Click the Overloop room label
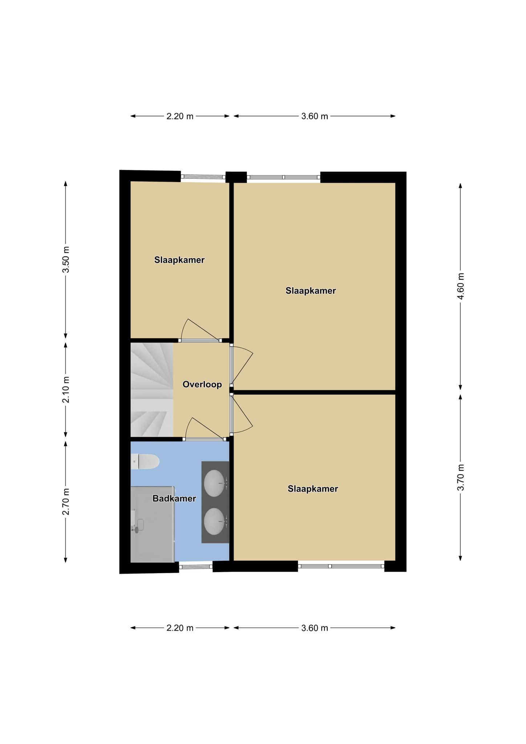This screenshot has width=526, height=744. [x=202, y=384]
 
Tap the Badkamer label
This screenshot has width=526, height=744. [x=174, y=498]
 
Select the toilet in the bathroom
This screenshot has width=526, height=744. [x=145, y=461]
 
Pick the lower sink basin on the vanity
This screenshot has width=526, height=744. [x=214, y=521]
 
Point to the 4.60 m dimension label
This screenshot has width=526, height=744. [x=461, y=286]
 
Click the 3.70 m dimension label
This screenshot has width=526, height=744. [x=461, y=477]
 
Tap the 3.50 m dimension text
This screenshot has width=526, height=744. [x=66, y=259]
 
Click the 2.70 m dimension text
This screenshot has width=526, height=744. [x=66, y=502]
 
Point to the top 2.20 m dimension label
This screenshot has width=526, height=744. [x=180, y=116]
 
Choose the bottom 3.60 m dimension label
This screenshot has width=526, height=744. [x=315, y=628]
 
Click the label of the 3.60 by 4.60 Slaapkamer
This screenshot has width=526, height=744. [x=311, y=291]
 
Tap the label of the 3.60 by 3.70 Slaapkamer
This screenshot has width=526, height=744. [x=313, y=489]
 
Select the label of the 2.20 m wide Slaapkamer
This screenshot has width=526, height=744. [x=179, y=260]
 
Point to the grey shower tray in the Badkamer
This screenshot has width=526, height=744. [x=153, y=524]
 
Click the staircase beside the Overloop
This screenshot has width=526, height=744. [x=152, y=390]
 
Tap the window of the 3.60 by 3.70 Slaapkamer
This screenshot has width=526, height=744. [x=341, y=566]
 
